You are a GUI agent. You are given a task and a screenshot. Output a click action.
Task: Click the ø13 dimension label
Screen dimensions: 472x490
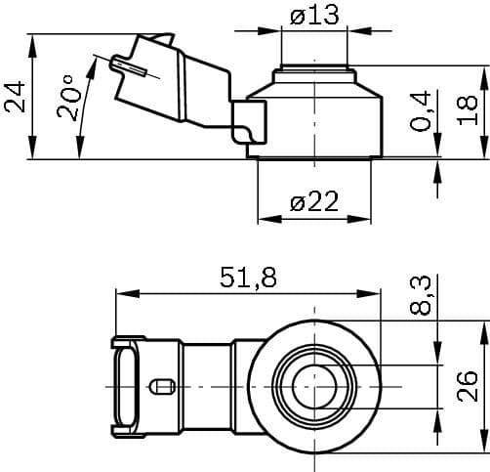[x=313, y=16]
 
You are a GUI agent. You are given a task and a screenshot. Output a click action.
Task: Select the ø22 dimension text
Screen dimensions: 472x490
[x=314, y=202]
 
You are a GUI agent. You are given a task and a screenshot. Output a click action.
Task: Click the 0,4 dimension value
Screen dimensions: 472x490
[x=422, y=111]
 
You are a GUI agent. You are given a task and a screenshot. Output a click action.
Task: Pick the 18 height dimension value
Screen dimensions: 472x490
[x=469, y=110]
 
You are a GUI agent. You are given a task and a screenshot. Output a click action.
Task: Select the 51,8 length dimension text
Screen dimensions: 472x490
[x=247, y=278]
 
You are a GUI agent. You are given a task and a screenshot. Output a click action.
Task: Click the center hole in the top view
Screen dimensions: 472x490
[x=313, y=386]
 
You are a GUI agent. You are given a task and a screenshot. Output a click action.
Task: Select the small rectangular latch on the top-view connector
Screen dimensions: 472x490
[x=161, y=386]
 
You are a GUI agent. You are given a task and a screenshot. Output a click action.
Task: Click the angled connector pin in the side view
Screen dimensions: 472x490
[x=128, y=66]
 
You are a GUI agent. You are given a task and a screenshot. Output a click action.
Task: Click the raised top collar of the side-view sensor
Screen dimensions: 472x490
[x=313, y=72]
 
